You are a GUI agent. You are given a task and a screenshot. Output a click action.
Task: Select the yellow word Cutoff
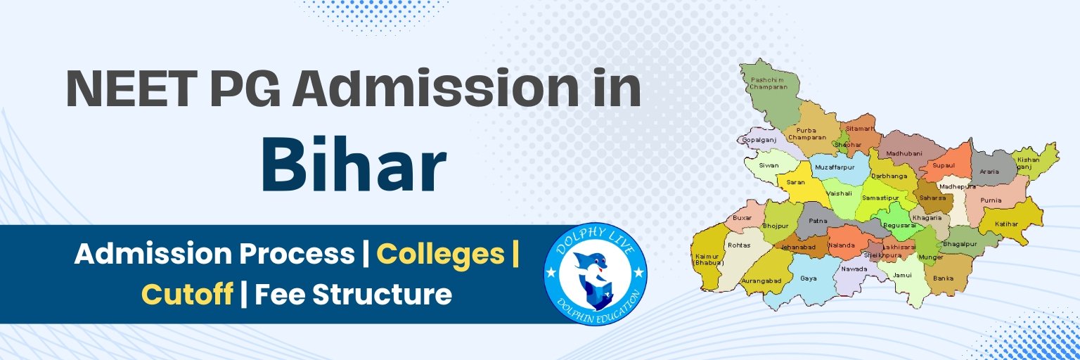(x=187, y=294)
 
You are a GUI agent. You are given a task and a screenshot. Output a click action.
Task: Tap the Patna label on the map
(x=818, y=221)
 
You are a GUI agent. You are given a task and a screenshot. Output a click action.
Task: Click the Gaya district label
(x=809, y=278)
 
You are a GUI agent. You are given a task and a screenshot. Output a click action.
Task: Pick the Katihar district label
(x=1007, y=224)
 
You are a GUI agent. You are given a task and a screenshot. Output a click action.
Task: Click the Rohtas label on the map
(x=739, y=245)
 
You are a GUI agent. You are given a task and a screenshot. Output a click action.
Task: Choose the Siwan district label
(x=769, y=166)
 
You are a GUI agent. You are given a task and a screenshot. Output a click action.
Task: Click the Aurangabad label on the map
(x=761, y=281)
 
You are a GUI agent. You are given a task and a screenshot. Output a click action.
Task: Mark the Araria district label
(x=989, y=171)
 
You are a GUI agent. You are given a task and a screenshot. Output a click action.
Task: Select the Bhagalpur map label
(x=960, y=243)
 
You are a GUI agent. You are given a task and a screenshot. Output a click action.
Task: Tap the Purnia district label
(x=991, y=200)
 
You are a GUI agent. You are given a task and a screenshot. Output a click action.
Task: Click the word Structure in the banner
(x=381, y=294)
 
